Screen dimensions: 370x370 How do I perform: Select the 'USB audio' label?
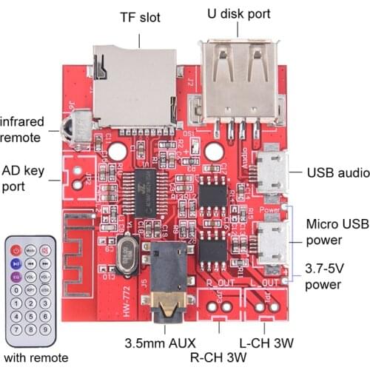[338, 172]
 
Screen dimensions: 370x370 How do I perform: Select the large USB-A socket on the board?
[239, 78]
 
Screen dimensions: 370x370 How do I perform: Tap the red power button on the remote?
[16, 250]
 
